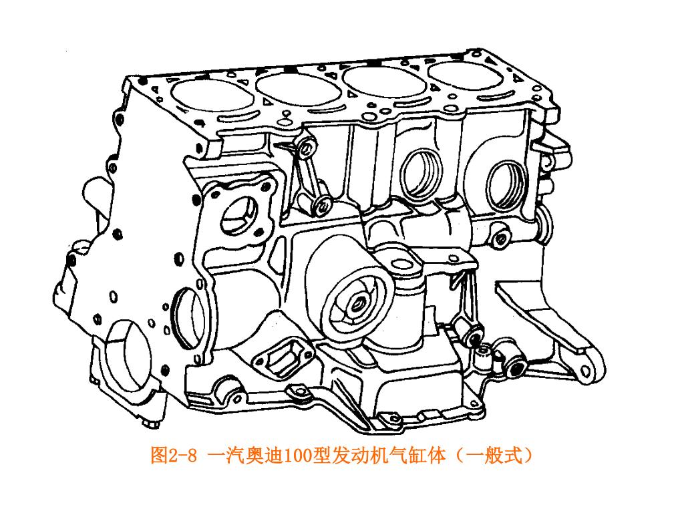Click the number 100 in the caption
pyautogui.click(x=298, y=456)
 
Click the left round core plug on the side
pyautogui.click(x=421, y=174)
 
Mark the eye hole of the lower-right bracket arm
pyautogui.click(x=585, y=371)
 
